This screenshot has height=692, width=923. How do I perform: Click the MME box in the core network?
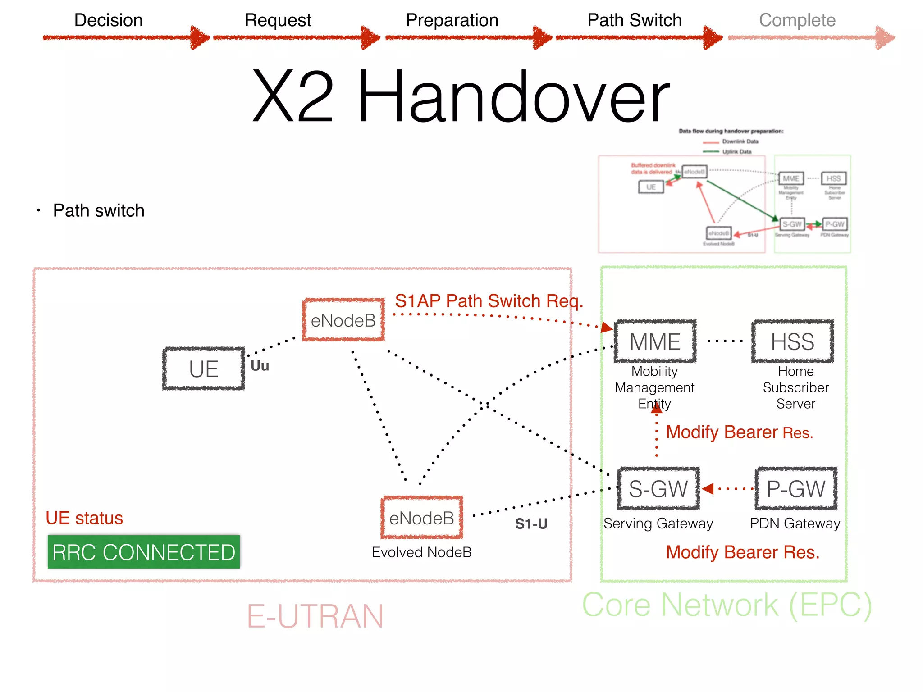pyautogui.click(x=655, y=341)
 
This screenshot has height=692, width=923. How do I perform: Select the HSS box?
pyautogui.click(x=792, y=341)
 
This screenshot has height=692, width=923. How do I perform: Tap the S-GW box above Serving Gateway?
pyautogui.click(x=658, y=489)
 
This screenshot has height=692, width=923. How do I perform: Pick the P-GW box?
pyautogui.click(x=796, y=489)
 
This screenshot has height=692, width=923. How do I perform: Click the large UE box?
pyautogui.click(x=204, y=369)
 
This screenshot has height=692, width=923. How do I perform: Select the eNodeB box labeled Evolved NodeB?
pyautogui.click(x=422, y=518)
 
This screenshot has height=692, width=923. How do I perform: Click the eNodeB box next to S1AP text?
pyautogui.click(x=343, y=320)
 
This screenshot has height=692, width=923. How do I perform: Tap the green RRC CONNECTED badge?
pyautogui.click(x=144, y=552)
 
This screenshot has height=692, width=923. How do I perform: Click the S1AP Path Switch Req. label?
pyautogui.click(x=489, y=301)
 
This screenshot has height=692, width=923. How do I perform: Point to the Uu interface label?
pyautogui.click(x=260, y=366)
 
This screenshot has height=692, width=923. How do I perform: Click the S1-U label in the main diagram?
pyautogui.click(x=531, y=524)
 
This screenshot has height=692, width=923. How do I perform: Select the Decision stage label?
pyautogui.click(x=108, y=20)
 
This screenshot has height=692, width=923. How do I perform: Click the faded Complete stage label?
pyautogui.click(x=797, y=20)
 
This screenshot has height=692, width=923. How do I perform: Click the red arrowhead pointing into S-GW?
pyautogui.click(x=708, y=489)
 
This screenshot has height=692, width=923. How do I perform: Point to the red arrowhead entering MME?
pyautogui.click(x=607, y=328)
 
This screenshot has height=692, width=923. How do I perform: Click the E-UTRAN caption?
pyautogui.click(x=315, y=616)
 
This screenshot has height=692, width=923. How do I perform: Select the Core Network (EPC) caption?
pyautogui.click(x=727, y=605)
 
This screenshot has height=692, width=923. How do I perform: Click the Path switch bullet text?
pyautogui.click(x=98, y=210)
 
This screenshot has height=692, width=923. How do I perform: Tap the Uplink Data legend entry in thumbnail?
pyautogui.click(x=736, y=152)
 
